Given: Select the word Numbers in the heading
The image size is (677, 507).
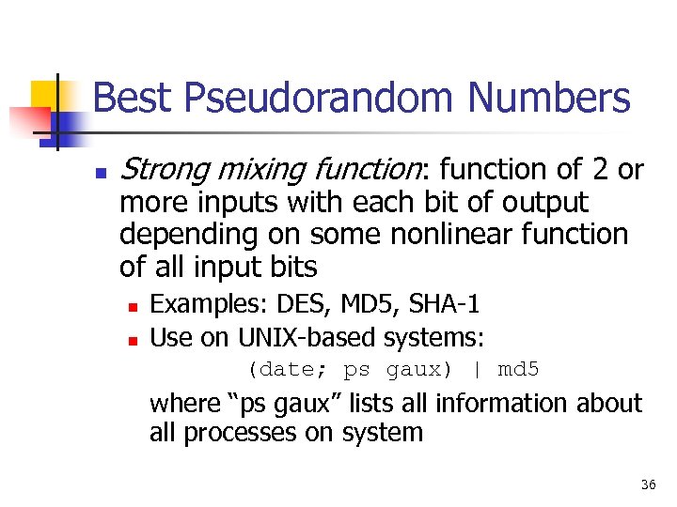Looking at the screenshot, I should tap(549, 98).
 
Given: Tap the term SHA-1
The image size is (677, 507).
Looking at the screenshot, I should tap(446, 304).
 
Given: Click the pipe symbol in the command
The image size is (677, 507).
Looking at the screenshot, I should tap(477, 369).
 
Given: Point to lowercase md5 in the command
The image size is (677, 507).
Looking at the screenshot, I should tap(518, 369).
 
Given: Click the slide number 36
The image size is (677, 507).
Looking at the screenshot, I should tap(648, 484).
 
